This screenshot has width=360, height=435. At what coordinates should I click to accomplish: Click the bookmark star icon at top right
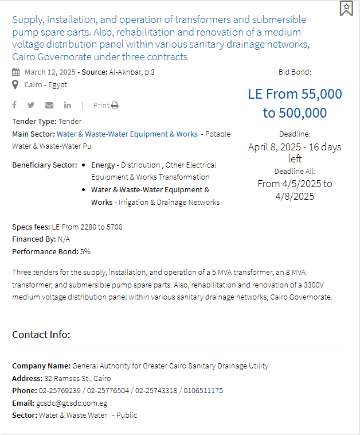346,8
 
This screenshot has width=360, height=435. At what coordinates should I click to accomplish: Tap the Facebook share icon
14,105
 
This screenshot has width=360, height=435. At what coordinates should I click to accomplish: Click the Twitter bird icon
31,105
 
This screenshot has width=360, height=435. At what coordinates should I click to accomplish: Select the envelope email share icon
49,105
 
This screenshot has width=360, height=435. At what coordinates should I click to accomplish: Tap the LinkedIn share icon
68,105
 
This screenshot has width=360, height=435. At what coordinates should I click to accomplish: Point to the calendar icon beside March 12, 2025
15,72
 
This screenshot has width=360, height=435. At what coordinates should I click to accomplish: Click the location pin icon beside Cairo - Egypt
15,85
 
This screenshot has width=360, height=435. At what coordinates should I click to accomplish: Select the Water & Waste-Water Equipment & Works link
127,134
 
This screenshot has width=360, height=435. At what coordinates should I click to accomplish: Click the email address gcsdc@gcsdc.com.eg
72,403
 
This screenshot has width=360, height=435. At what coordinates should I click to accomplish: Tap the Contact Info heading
41,334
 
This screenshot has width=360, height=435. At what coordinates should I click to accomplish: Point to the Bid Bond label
295,72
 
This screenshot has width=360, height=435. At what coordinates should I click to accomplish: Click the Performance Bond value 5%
85,251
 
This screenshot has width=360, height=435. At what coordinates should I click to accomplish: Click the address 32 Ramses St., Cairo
77,378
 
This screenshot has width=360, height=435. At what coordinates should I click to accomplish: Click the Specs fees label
31,227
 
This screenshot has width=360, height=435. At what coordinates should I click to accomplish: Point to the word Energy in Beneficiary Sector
103,165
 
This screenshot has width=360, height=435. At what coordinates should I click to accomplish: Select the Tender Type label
33,121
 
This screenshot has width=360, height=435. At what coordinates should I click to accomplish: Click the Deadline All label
295,171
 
